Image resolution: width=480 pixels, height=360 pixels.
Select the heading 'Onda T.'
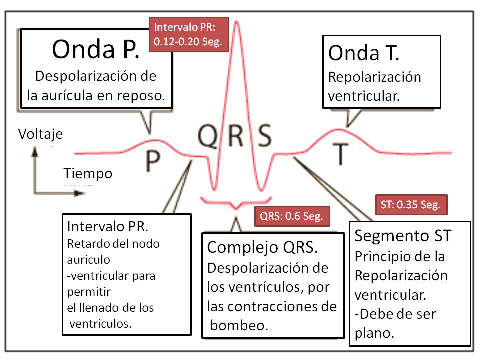pos(364,53)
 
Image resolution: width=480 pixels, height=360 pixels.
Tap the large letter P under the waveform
pos(153,160)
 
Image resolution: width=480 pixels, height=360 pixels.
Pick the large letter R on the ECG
pos(236,135)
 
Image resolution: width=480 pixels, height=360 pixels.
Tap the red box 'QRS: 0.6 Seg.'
pos(292,217)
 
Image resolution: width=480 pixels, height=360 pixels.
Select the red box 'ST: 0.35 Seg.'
pos(410,205)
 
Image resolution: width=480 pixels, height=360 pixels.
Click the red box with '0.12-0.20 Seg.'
pos(189,34)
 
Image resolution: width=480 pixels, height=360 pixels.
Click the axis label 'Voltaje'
pos(40,134)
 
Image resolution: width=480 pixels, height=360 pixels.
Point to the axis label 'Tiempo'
pos(87,173)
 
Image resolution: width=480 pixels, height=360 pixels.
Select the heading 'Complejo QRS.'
pos(263,247)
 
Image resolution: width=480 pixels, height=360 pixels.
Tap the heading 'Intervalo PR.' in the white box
pos(107,226)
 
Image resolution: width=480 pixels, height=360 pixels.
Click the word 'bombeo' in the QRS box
pos(238,326)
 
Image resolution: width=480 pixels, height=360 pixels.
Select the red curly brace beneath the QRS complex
pos(236,203)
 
